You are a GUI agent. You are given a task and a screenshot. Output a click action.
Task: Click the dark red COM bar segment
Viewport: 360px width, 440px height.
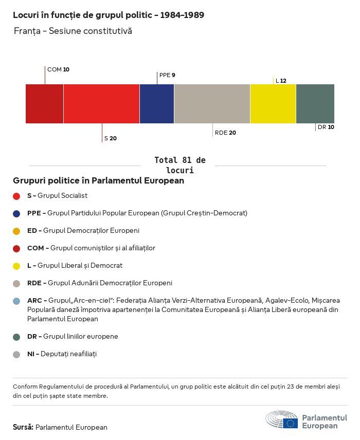(44, 103)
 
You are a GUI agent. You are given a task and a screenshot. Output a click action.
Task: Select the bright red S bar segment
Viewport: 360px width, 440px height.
(101, 103)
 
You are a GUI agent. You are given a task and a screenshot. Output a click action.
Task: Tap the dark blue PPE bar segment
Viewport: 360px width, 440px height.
(157, 103)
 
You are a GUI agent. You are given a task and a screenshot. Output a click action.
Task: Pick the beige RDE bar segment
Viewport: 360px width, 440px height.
(212, 103)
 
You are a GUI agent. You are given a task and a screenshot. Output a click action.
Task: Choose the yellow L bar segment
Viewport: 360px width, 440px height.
(273, 103)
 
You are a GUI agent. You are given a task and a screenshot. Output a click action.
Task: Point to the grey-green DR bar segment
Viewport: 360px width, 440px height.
(315, 103)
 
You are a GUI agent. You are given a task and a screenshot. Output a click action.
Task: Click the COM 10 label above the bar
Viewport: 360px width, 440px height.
(58, 69)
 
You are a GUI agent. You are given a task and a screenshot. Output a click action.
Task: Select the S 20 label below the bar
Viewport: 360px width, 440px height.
(111, 138)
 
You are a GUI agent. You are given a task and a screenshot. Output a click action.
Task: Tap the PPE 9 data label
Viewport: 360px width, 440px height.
(167, 75)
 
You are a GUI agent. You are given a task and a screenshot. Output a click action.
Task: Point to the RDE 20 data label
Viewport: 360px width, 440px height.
(225, 133)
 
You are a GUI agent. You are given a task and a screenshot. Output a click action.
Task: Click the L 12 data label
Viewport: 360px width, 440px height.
(281, 81)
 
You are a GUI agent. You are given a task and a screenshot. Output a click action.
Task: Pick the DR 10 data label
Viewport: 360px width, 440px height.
(326, 127)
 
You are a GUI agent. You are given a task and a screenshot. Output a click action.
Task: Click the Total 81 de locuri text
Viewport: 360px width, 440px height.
(179, 165)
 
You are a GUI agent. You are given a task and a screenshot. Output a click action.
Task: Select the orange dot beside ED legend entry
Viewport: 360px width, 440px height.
(16, 231)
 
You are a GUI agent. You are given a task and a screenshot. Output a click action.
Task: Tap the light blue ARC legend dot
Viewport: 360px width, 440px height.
(16, 301)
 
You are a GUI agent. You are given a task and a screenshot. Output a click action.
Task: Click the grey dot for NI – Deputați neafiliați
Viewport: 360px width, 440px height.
(16, 354)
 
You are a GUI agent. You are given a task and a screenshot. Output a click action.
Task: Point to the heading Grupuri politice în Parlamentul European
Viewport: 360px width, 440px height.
(98, 181)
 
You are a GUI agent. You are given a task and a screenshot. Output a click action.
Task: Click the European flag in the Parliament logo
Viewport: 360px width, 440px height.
(290, 423)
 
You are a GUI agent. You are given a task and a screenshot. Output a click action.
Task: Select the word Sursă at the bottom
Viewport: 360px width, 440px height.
(23, 427)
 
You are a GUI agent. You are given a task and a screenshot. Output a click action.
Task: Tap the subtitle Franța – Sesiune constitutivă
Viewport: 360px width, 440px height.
(73, 31)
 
